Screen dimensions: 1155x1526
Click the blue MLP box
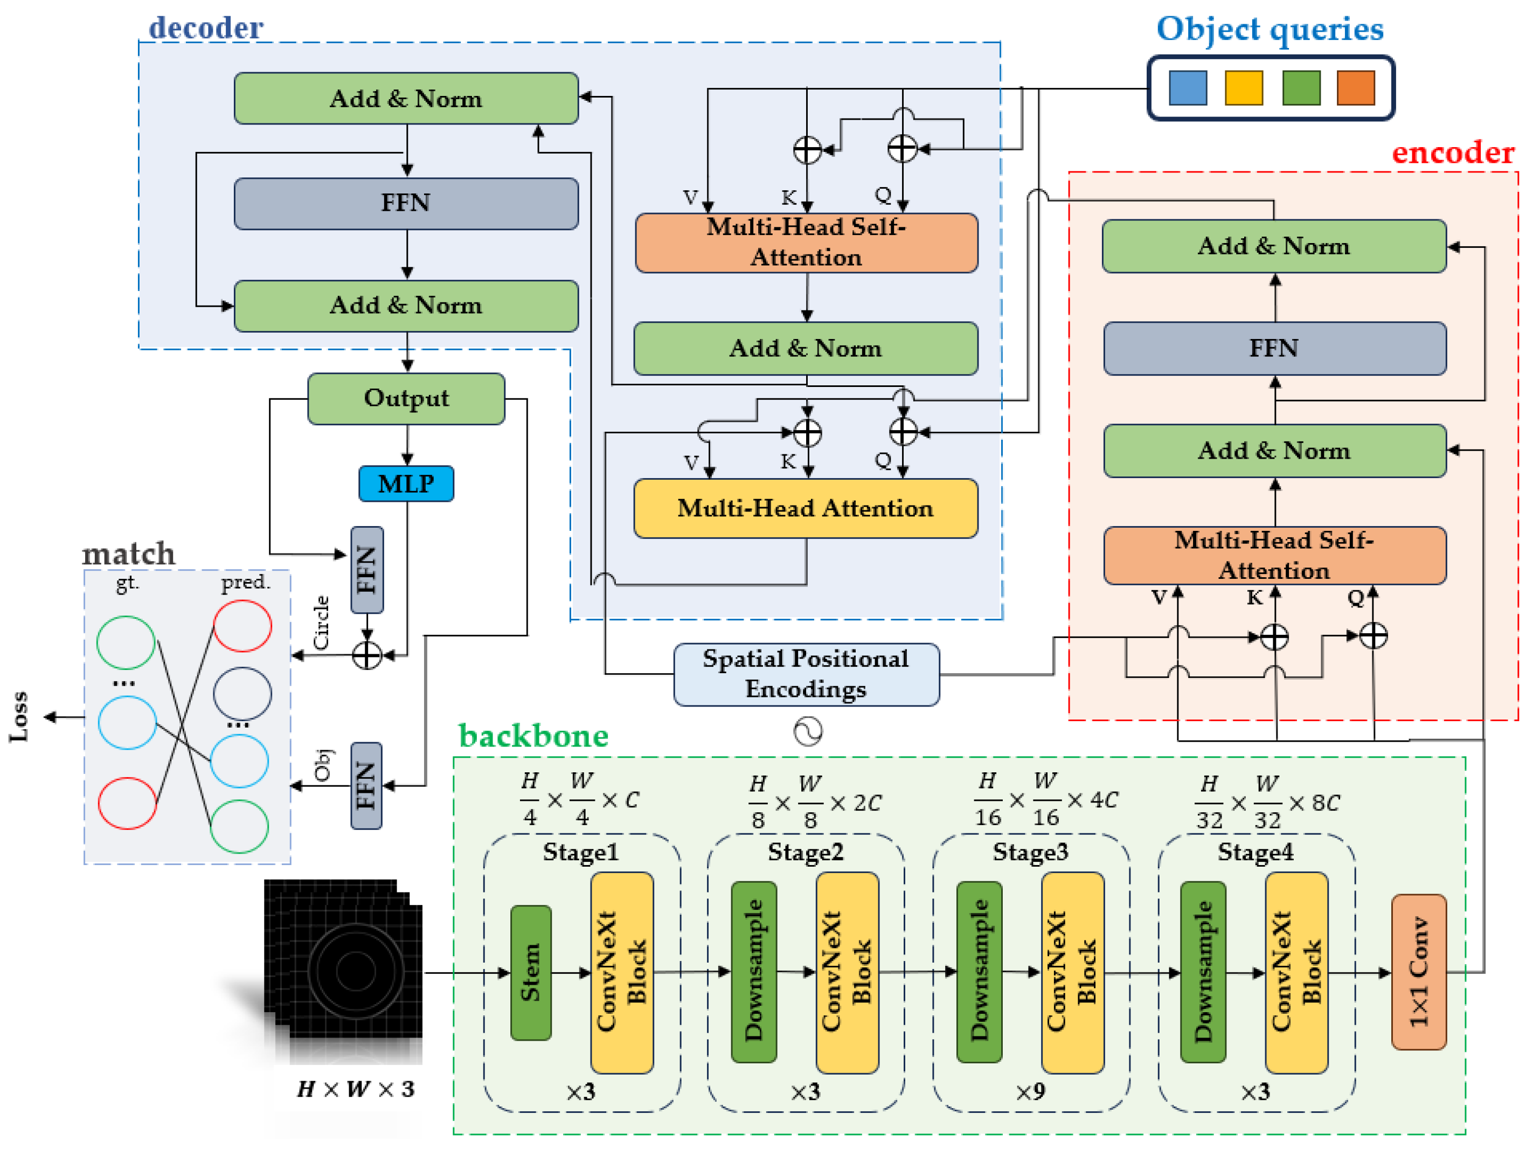[406, 483]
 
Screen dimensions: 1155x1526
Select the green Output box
[406, 398]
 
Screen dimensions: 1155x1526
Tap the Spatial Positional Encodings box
[806, 674]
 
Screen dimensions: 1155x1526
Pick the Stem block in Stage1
[531, 972]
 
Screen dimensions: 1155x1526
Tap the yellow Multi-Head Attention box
[805, 508]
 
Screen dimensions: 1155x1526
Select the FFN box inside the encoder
[1274, 348]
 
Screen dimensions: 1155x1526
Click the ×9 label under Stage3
[1030, 1091]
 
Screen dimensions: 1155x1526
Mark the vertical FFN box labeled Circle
[366, 570]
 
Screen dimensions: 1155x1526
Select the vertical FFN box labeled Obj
[366, 785]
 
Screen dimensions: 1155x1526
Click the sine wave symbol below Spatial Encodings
[808, 731]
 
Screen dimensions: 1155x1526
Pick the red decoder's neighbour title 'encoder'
[1452, 153]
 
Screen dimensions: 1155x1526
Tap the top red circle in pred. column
[242, 626]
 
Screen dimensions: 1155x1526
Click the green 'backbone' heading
[533, 736]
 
